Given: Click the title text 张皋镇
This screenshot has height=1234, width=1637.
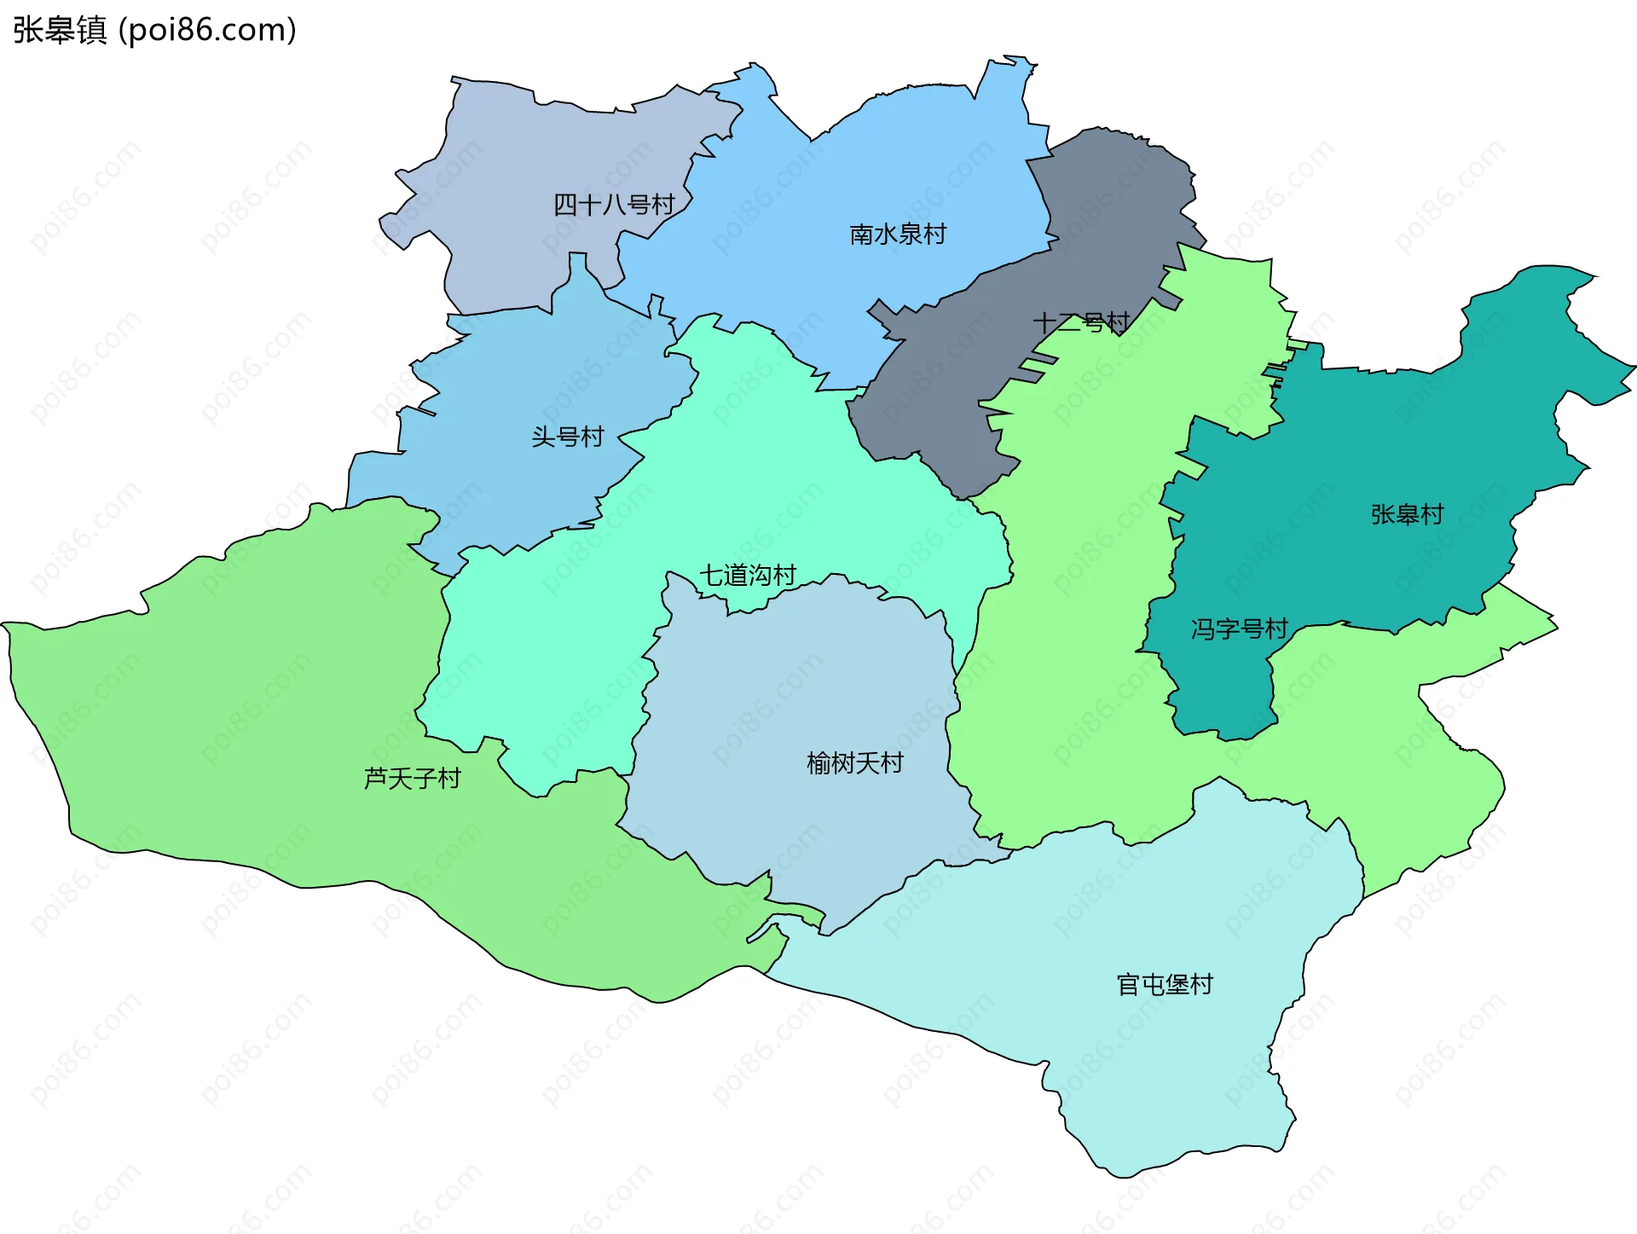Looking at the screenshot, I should (60, 30).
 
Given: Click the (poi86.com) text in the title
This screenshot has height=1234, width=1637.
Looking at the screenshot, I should (207, 30).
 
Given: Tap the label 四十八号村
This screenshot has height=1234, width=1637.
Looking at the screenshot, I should (614, 205).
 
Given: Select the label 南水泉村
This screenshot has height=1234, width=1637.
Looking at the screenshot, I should (898, 234).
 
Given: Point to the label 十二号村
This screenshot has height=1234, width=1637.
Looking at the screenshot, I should (1080, 323).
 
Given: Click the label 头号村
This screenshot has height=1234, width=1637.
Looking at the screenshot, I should (568, 437).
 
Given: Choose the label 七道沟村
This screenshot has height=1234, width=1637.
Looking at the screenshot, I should (748, 576).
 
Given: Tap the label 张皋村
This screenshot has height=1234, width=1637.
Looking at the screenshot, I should (1407, 514).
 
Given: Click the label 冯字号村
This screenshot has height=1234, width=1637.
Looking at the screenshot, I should (1239, 629).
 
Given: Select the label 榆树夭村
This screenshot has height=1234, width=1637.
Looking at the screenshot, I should (855, 762).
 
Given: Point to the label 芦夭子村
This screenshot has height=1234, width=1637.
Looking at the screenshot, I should (413, 778).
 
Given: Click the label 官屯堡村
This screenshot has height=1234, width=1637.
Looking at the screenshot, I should (1165, 984).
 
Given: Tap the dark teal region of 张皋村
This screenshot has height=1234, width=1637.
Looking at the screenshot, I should (1364, 443).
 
